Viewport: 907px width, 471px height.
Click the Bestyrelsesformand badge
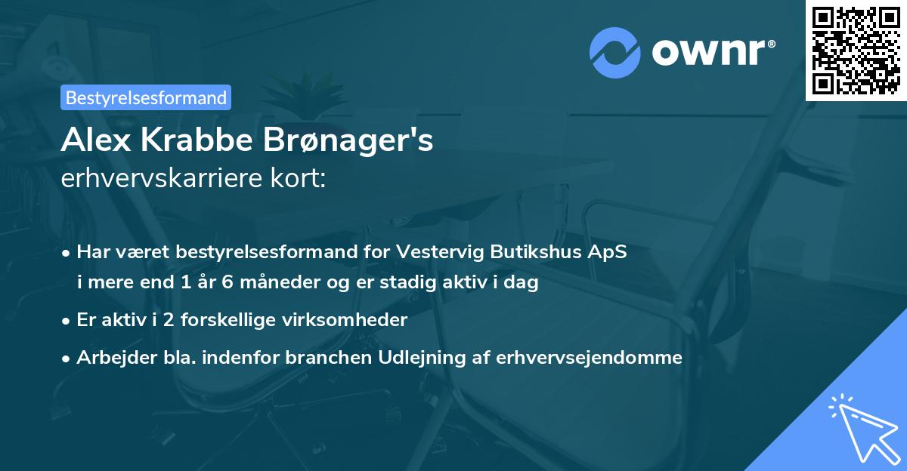coord(146,97)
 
